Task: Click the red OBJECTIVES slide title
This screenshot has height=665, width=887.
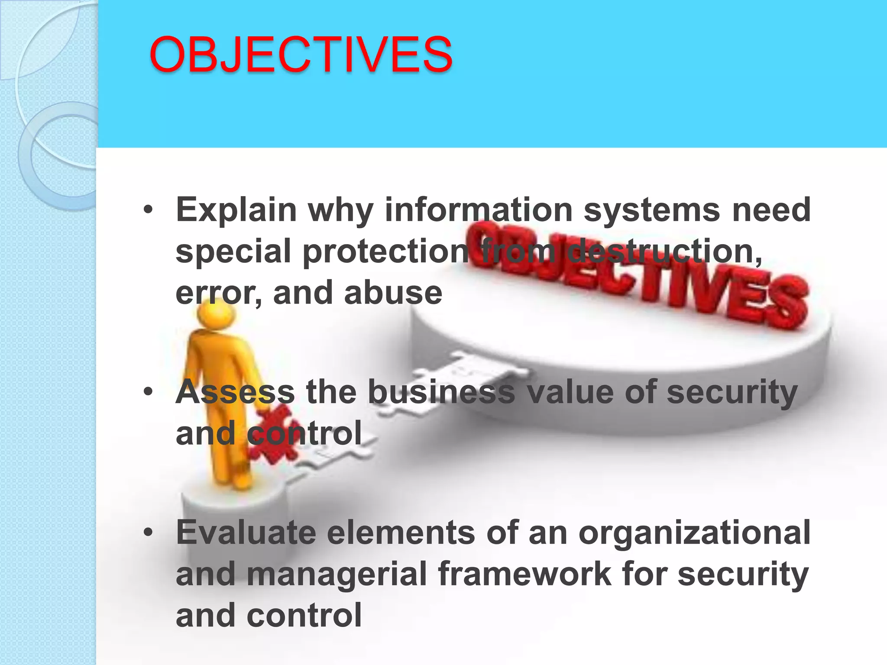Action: pos(301,55)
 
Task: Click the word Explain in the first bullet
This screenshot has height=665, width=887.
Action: pos(236,210)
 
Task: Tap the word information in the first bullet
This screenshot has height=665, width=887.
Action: pos(479,209)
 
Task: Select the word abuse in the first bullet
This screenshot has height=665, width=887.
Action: pos(393,293)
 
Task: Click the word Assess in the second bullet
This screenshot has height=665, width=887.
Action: pos(235,392)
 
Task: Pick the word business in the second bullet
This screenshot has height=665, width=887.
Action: pos(441,392)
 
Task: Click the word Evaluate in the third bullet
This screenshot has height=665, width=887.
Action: pos(246,532)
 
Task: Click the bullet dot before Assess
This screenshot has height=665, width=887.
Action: pos(148,392)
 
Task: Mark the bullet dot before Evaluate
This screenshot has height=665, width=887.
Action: pos(148,533)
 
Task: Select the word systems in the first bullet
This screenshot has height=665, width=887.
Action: pos(652,210)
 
